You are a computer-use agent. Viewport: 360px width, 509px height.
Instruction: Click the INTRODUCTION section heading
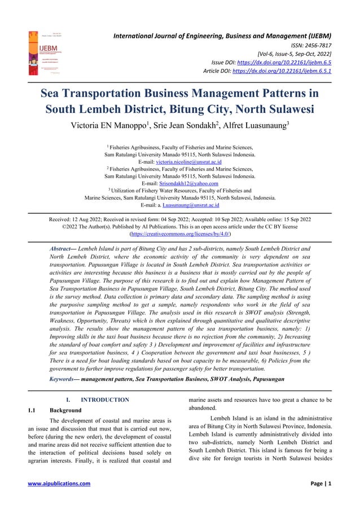[x=105, y=400]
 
